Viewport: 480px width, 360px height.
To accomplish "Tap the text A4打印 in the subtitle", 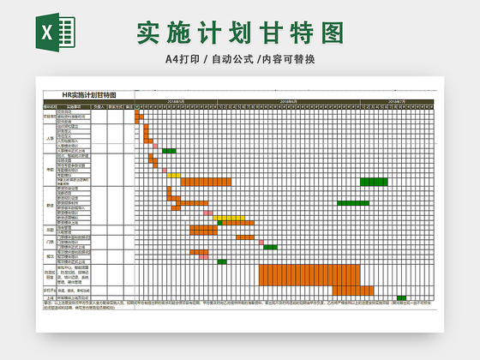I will pyautogui.click(x=183, y=59).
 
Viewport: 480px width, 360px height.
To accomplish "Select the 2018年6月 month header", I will pyautogui.click(x=288, y=101).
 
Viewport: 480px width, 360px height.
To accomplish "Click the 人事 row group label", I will pyautogui.click(x=49, y=137).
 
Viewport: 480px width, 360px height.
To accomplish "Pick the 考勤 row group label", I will pyautogui.click(x=49, y=169).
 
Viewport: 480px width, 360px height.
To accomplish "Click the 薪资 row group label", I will pyautogui.click(x=49, y=206).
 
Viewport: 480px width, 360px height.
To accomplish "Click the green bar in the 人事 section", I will pyautogui.click(x=169, y=151).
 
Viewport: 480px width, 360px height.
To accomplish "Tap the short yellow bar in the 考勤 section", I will pyautogui.click(x=173, y=176).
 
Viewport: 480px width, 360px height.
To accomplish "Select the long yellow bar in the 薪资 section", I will pyautogui.click(x=229, y=218).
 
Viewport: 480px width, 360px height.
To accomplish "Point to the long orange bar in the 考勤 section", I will pyautogui.click(x=206, y=182).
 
